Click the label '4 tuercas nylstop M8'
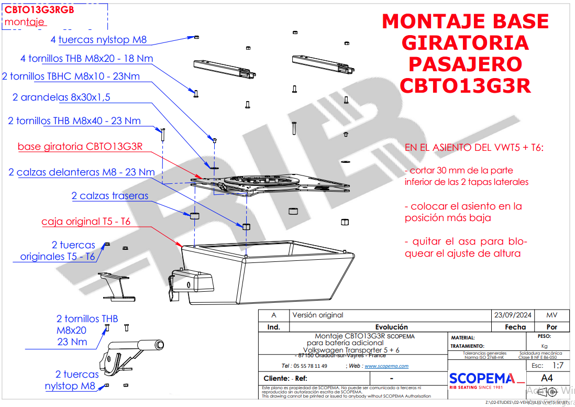(98, 39)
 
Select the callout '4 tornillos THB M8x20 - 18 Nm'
(86, 58)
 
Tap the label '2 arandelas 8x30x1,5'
(61, 97)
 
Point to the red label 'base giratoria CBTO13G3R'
(80, 146)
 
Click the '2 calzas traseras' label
(110, 196)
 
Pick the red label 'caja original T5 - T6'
(86, 222)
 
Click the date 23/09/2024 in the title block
(513, 315)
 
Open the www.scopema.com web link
(386, 366)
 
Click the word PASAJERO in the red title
(465, 64)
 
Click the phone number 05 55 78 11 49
(311, 366)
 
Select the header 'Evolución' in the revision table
(391, 327)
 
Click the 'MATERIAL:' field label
(463, 338)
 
